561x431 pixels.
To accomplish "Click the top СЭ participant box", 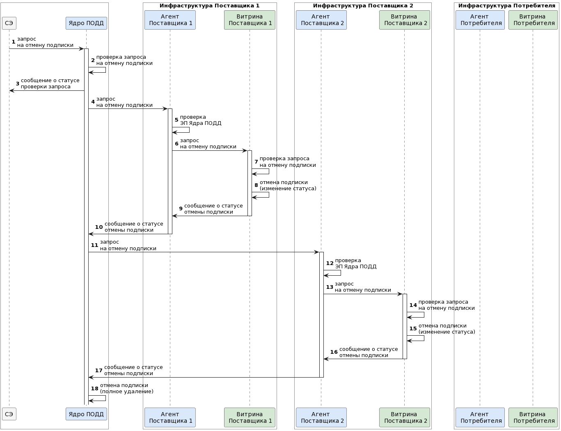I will (9, 23).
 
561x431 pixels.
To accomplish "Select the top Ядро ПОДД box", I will (86, 23).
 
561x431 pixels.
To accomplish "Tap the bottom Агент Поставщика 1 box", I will (170, 417).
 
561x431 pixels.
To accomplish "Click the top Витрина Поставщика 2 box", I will (404, 20).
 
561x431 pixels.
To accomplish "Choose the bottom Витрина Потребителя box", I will (533, 417).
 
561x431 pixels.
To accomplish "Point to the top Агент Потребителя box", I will (480, 20).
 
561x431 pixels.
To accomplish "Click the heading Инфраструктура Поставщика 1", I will (209, 6).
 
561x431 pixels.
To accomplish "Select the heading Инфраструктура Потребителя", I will (506, 6).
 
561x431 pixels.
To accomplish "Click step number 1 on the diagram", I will (14, 42).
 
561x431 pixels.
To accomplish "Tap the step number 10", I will (99, 227).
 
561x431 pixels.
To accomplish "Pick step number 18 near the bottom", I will (95, 389).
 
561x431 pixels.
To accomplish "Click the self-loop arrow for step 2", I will (105, 70).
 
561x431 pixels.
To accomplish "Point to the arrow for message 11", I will (204, 252).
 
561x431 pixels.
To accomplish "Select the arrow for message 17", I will (204, 377).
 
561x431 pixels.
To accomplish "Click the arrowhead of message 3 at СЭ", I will (11, 90).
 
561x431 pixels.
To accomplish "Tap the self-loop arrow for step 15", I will (424, 338).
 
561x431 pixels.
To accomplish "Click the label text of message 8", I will (288, 185).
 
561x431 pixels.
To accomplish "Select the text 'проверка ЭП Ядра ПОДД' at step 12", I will (355, 263).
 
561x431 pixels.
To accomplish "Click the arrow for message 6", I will (209, 150).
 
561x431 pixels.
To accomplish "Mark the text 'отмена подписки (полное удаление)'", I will (126, 388).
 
